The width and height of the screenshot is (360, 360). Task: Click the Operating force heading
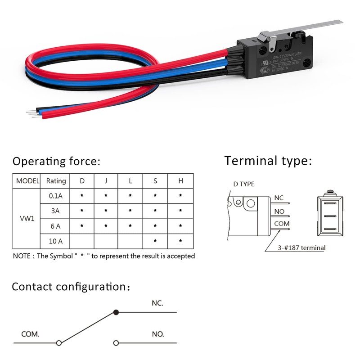[56, 161]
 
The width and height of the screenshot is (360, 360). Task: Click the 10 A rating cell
[56, 242]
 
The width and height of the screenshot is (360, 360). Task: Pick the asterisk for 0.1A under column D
[82, 196]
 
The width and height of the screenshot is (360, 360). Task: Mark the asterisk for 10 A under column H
[180, 242]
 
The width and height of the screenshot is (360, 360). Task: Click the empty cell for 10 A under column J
[106, 242]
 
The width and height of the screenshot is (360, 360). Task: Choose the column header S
[155, 181]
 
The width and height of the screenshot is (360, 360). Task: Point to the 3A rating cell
[56, 211]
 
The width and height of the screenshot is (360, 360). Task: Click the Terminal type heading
[268, 161]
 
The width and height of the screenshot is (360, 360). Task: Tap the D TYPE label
[243, 184]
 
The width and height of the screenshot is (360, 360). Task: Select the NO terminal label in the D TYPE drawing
[279, 211]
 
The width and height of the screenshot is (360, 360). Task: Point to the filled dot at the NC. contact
[116, 312]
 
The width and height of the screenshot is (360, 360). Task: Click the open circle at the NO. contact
[116, 343]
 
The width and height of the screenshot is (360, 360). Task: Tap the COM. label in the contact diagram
[31, 334]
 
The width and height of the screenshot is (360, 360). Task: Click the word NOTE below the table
[22, 256]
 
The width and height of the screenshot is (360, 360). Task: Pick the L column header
[130, 181]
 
